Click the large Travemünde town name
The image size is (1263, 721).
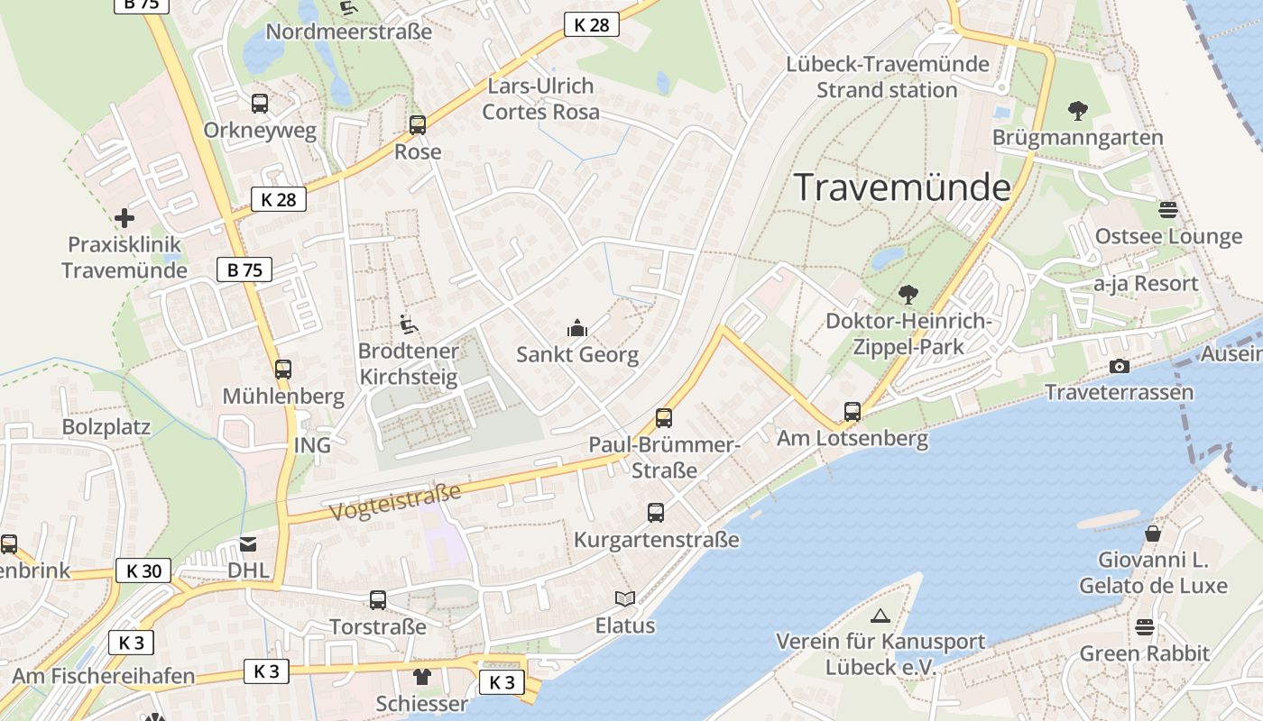[x=902, y=187]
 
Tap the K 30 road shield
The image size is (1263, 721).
[x=143, y=570]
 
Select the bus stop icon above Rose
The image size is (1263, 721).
[x=417, y=125]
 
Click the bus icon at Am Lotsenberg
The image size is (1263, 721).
[x=852, y=412]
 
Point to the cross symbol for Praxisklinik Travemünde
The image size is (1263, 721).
[x=124, y=218]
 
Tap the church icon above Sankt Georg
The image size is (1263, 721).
[x=577, y=329]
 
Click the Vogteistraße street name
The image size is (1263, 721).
[x=395, y=502]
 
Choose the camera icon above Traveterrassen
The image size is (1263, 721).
[x=1119, y=366]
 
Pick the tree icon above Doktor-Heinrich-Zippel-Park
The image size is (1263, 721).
[x=908, y=295]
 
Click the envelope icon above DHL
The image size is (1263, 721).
[x=248, y=543]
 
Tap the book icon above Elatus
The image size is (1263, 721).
[x=624, y=598]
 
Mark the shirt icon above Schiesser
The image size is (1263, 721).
[x=421, y=677]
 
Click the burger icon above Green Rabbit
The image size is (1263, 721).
[x=1145, y=627]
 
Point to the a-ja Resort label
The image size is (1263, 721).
[x=1146, y=283]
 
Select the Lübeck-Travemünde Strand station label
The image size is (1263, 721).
[x=888, y=78]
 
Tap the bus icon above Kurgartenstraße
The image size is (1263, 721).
[x=656, y=513]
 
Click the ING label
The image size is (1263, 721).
[x=312, y=445]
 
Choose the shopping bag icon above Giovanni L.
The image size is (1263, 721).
[x=1152, y=534]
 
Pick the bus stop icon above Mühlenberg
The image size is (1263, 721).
[x=283, y=370]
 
